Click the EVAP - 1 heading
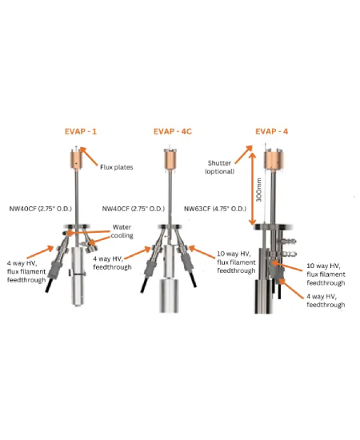(x=81, y=131)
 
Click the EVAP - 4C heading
(x=173, y=131)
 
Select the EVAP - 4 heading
(x=272, y=131)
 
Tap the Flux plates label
(x=117, y=167)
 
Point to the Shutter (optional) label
(x=219, y=167)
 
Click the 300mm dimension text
(x=259, y=190)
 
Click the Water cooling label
(x=122, y=231)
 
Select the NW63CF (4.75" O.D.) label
(x=215, y=209)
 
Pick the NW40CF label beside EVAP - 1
(x=41, y=209)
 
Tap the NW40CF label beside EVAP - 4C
(x=134, y=209)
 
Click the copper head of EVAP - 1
(x=76, y=161)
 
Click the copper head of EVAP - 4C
(x=170, y=161)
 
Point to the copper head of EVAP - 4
(x=274, y=161)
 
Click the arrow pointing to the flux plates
(x=89, y=156)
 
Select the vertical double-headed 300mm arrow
(x=253, y=189)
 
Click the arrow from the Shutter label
(x=243, y=154)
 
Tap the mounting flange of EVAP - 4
(x=273, y=227)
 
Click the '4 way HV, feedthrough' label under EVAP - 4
(x=326, y=301)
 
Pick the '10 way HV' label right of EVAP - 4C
(x=236, y=262)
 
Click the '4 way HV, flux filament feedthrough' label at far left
(x=26, y=272)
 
